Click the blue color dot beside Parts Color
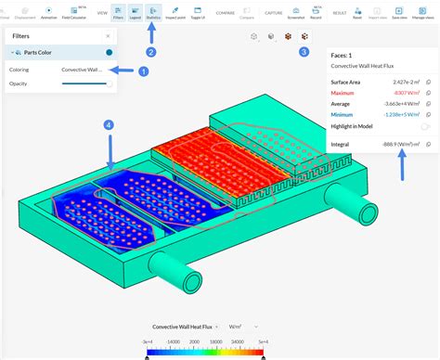[x=110, y=54]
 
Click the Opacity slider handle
[x=110, y=84]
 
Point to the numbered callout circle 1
[x=143, y=71]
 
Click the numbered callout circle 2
[x=151, y=52]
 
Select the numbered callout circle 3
[x=304, y=52]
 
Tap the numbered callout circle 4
[x=109, y=124]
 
